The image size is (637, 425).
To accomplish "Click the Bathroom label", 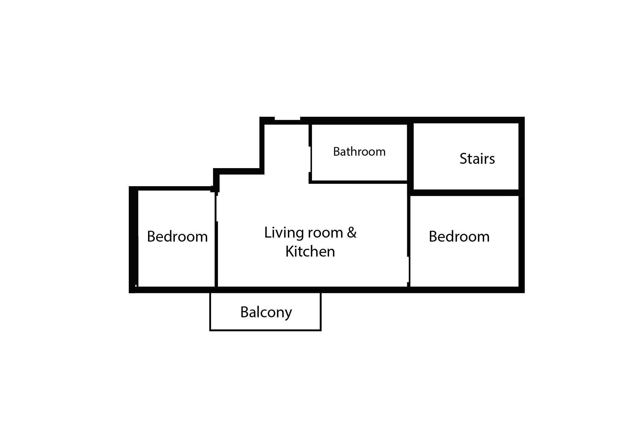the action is tap(359, 152).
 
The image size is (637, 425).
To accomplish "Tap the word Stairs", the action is tap(477, 159).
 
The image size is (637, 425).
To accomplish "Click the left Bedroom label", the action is tap(177, 237).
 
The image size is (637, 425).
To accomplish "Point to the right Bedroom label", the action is tap(459, 237).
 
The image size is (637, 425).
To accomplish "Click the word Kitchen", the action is tap(310, 252).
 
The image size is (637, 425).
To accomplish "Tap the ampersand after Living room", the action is tap(351, 233).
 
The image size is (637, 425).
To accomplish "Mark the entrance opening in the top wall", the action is tap(287, 119).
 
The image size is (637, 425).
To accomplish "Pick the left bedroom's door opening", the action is tap(216, 207).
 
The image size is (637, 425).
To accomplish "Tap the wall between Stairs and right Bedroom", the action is tap(466, 192).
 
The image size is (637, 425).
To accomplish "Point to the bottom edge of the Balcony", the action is tap(265, 330).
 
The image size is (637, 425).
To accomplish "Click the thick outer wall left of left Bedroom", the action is tap(133, 239).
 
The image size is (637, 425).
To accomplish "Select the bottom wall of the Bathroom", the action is tap(358, 182).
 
